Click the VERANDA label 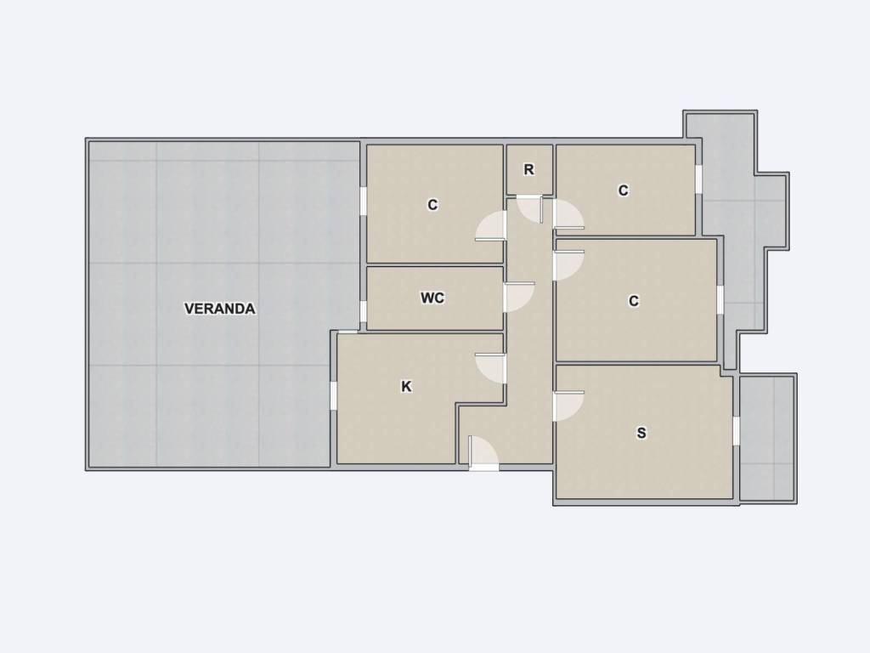pos(220,309)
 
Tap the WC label pos(432,298)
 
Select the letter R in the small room pos(528,170)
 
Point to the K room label pos(406,387)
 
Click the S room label pos(641,433)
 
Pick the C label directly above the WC pos(432,205)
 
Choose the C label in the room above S pos(634,301)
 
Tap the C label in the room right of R pos(623,190)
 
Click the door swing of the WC pos(519,297)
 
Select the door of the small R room pos(531,209)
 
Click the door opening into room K pos(490,368)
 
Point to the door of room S pos(568,406)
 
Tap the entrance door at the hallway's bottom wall pos(483,454)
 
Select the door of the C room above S pos(568,266)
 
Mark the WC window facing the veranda pos(364,311)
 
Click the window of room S pos(737,431)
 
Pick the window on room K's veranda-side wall pos(334,395)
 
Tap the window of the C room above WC pos(364,201)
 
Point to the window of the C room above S pos(720,300)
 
